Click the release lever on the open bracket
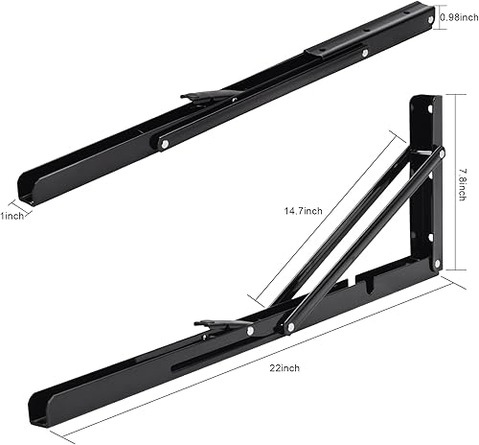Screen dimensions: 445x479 click(x=217, y=326)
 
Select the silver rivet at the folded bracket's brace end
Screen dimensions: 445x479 click(x=166, y=144)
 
